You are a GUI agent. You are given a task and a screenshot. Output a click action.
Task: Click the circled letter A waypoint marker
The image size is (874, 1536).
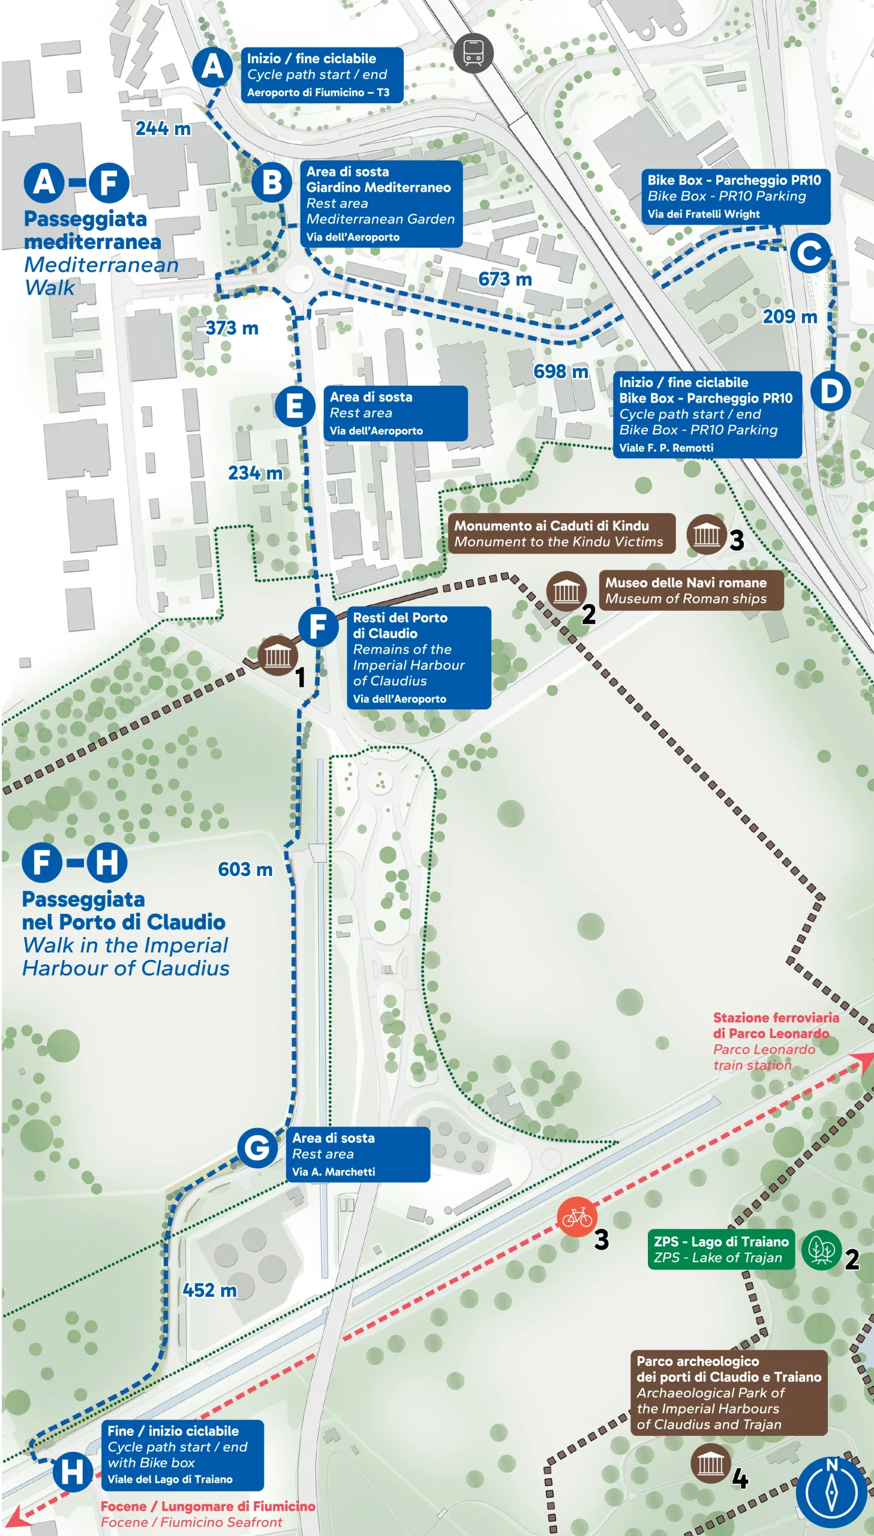212,67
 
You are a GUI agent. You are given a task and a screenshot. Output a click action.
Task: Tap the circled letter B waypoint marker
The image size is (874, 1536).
271,182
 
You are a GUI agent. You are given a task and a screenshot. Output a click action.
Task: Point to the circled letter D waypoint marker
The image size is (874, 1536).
830,391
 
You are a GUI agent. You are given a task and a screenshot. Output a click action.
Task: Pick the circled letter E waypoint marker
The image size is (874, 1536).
295,406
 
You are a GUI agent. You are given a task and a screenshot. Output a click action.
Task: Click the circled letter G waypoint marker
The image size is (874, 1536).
257,1147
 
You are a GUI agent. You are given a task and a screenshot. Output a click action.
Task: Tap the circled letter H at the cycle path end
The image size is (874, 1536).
72,1471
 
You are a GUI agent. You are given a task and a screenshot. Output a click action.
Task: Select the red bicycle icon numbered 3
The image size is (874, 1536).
576,1217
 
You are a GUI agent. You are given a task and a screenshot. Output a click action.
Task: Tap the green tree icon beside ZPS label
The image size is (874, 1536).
821,1250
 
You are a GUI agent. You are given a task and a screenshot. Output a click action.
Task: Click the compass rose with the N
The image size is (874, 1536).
831,1492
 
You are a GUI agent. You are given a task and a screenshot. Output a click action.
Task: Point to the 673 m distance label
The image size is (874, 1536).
505,279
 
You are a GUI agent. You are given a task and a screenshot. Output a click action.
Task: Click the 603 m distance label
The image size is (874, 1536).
245,869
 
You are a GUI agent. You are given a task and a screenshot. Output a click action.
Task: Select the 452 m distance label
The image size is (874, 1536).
209,1290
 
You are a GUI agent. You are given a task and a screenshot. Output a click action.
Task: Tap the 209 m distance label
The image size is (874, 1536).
789,316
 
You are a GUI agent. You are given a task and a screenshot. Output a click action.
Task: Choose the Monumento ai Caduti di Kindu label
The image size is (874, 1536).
561,533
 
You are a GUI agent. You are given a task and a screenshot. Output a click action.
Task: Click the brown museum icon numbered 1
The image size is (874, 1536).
277,655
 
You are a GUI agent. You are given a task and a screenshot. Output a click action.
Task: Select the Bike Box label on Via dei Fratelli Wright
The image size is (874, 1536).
735,196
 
